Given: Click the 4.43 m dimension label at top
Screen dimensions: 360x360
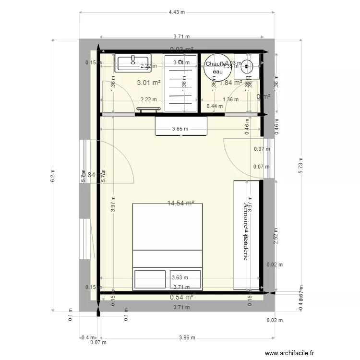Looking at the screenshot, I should (177, 12).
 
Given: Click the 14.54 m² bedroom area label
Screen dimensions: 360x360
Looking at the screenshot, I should (180, 203).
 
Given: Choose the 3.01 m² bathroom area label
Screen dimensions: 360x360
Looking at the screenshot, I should (148, 83).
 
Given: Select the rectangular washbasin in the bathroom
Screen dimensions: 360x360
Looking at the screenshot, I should (133, 62).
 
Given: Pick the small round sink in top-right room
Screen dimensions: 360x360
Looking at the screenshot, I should (247, 66).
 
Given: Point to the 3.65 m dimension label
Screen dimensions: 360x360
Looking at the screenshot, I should (180, 129).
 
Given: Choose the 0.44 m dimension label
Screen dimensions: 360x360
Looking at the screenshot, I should (211, 107).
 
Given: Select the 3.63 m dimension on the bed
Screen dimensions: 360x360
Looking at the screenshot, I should (179, 277).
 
